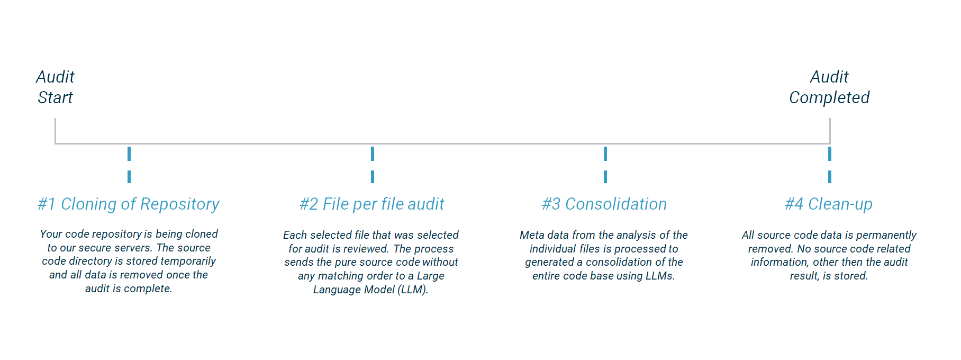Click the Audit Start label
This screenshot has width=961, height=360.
pyautogui.click(x=55, y=87)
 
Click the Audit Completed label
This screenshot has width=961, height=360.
pyautogui.click(x=829, y=87)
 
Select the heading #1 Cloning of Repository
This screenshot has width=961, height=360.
pyautogui.click(x=129, y=204)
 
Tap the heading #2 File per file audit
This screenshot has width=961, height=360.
pyautogui.click(x=372, y=204)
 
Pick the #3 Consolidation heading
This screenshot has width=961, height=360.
pyautogui.click(x=604, y=204)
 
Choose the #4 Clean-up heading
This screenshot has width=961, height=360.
pyautogui.click(x=829, y=204)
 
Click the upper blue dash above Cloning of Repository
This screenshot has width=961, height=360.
pyautogui.click(x=129, y=154)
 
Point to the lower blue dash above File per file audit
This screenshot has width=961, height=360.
pyautogui.click(x=373, y=177)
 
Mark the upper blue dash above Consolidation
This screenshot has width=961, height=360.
pyautogui.click(x=605, y=154)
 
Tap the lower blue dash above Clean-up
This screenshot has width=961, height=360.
pyautogui.click(x=830, y=177)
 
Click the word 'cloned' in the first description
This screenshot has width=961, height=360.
pyautogui.click(x=201, y=234)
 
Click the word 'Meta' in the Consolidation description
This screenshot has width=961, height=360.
pyautogui.click(x=531, y=235)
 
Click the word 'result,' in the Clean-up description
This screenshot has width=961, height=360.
pyautogui.click(x=805, y=276)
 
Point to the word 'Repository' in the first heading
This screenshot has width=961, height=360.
pyautogui.click(x=180, y=204)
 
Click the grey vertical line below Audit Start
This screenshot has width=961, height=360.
pyautogui.click(x=55, y=130)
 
